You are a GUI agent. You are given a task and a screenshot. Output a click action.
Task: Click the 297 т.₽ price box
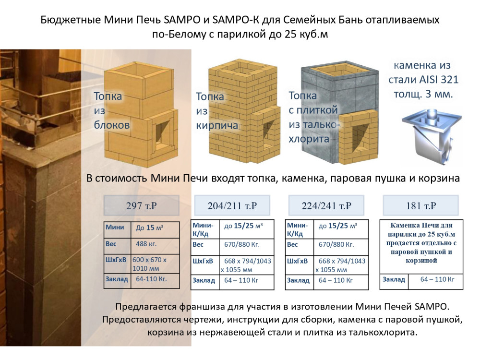click(x=142, y=205)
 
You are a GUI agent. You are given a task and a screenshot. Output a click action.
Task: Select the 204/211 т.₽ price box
click(x=232, y=205)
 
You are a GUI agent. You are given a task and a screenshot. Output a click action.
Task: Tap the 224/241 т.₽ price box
click(x=326, y=205)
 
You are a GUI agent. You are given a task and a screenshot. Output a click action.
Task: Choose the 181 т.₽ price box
click(x=421, y=205)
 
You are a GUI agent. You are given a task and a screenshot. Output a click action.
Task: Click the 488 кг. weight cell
click(x=155, y=246)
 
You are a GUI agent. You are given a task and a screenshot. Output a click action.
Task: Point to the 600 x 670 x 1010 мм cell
click(x=155, y=264)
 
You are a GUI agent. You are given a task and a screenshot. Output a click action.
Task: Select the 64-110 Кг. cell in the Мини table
click(x=155, y=281)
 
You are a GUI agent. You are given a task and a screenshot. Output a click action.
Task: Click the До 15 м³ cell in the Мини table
click(x=155, y=230)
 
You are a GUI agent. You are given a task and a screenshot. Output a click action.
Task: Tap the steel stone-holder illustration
click(x=432, y=136)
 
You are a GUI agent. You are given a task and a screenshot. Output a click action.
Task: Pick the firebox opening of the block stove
click(x=162, y=133)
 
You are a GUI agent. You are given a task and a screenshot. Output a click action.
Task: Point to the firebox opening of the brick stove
click(x=268, y=132)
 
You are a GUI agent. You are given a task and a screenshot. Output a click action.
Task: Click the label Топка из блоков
click(x=112, y=110)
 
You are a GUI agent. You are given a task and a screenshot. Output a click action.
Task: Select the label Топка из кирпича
click(x=217, y=111)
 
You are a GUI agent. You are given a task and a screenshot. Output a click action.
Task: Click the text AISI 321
click(x=438, y=80)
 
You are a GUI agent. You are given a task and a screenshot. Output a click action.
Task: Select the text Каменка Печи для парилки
click(x=421, y=229)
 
